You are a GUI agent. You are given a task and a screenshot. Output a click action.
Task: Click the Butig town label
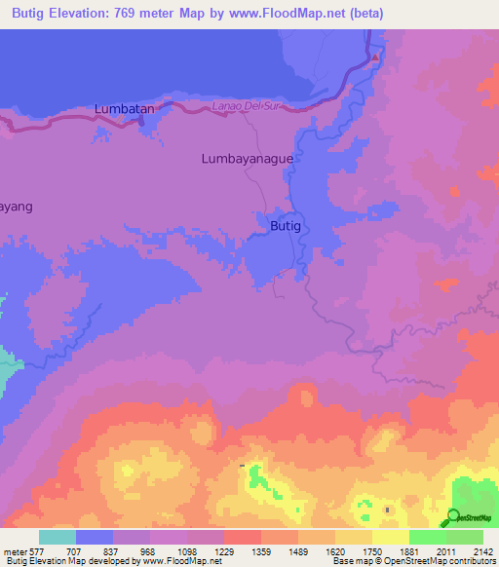pos(287,226)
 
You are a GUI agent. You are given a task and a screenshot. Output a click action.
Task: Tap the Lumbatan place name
pos(125,109)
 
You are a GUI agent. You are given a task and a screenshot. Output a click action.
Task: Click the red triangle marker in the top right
pos(376,57)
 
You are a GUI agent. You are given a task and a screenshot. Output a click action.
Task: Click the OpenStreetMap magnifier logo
pos(454,517)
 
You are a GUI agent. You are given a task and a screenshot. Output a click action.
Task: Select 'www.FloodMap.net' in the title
pos(291,14)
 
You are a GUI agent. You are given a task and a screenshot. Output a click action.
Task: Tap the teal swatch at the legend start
pos(57,537)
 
